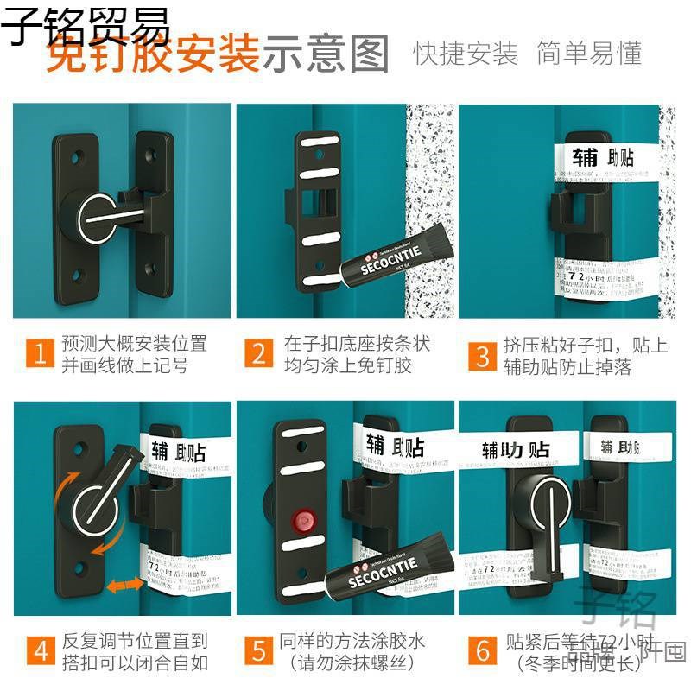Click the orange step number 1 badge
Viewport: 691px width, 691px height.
(39, 354)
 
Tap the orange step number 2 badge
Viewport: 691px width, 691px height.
(259, 354)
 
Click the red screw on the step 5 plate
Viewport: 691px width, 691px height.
(302, 520)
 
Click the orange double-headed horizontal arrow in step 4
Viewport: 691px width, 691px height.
(125, 586)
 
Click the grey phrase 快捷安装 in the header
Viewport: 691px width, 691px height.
(466, 54)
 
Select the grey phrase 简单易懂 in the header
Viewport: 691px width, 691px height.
(589, 54)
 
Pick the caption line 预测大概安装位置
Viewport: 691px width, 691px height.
(134, 343)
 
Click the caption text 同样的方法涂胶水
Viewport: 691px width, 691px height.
(352, 642)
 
